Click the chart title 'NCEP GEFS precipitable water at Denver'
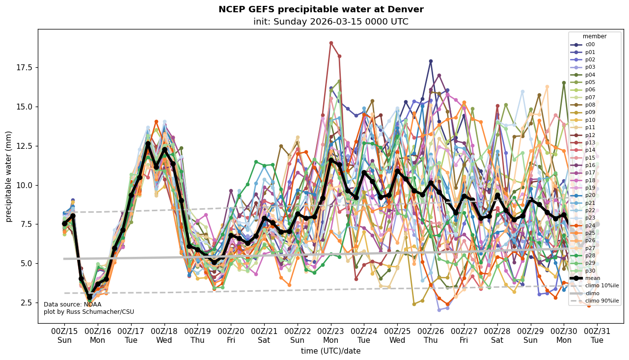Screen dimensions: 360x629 tap(321, 9)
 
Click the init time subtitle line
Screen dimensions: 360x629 tap(330, 22)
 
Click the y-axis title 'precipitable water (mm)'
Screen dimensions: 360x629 tap(8, 176)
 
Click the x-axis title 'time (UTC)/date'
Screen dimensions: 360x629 tap(330, 351)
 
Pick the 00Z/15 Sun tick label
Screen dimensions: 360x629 tap(64, 336)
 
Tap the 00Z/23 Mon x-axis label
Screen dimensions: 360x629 tap(331, 336)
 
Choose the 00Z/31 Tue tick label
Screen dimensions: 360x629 tap(597, 336)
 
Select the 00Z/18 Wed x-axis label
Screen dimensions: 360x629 tap(164, 336)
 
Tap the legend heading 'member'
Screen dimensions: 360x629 tap(594, 36)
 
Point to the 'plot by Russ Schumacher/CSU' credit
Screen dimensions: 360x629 tap(89, 312)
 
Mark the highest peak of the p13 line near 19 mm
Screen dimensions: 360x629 tap(331, 43)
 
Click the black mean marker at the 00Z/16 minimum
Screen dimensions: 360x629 tap(89, 297)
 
